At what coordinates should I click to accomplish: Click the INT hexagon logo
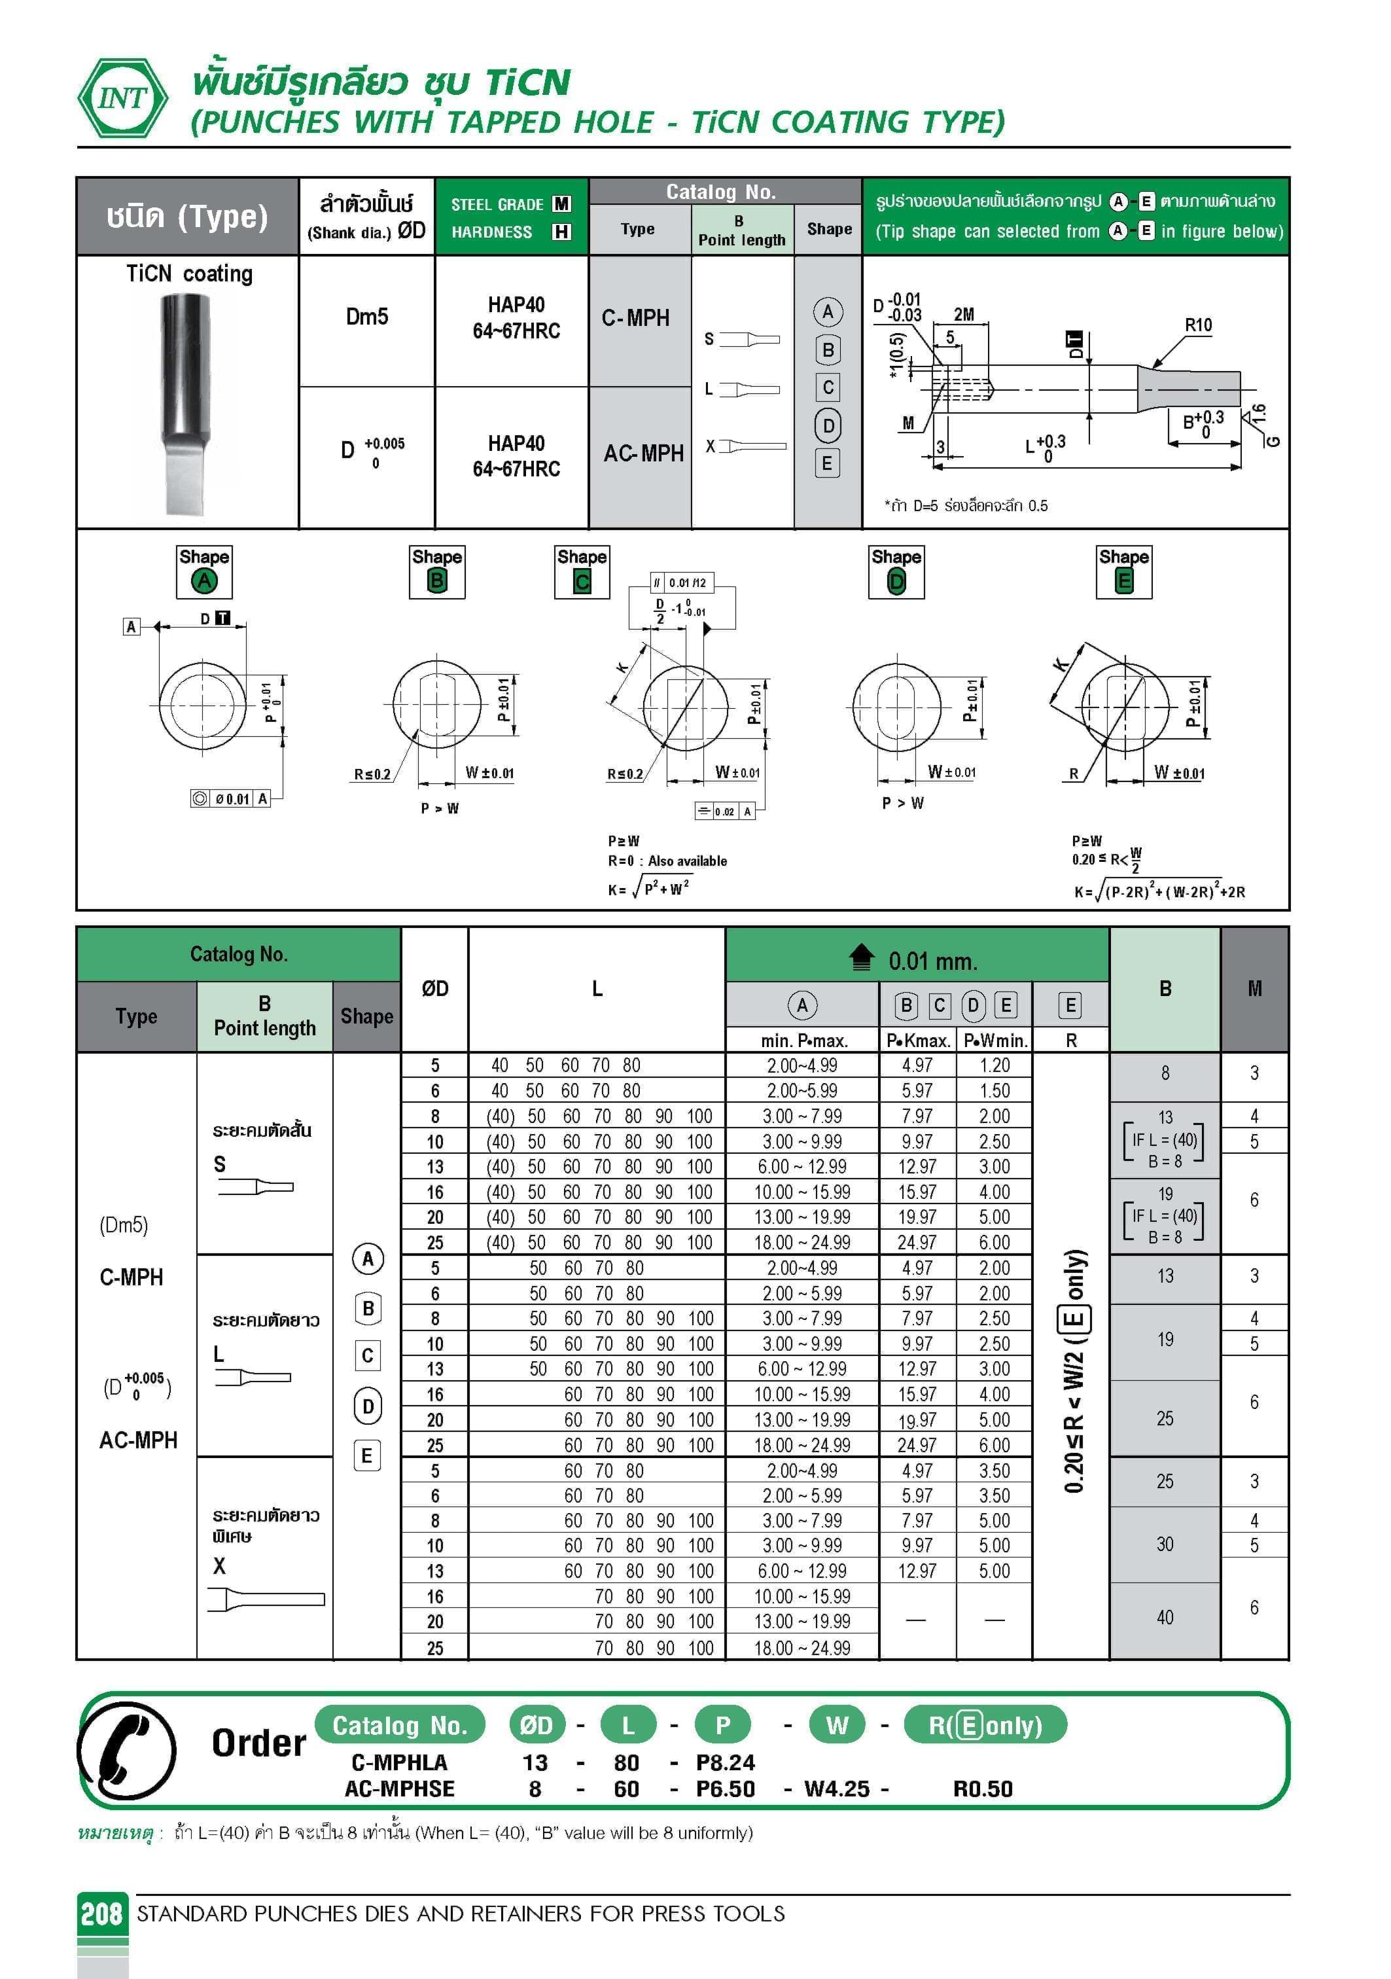click(123, 98)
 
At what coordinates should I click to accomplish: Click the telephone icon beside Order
click(127, 1751)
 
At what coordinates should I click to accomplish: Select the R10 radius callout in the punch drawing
click(1198, 325)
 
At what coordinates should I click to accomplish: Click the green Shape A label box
click(204, 571)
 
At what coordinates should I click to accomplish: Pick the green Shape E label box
click(1124, 571)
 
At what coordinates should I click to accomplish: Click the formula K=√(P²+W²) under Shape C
click(649, 888)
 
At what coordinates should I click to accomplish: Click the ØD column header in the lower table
click(435, 989)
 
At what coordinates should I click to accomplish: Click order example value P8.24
click(725, 1762)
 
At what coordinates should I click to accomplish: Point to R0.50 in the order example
click(983, 1789)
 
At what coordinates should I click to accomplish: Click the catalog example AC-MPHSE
click(399, 1789)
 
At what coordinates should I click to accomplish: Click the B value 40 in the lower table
click(1165, 1617)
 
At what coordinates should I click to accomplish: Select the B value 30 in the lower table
click(1165, 1544)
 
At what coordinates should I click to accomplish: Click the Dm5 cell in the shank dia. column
click(367, 317)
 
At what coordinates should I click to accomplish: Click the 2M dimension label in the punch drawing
click(964, 315)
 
